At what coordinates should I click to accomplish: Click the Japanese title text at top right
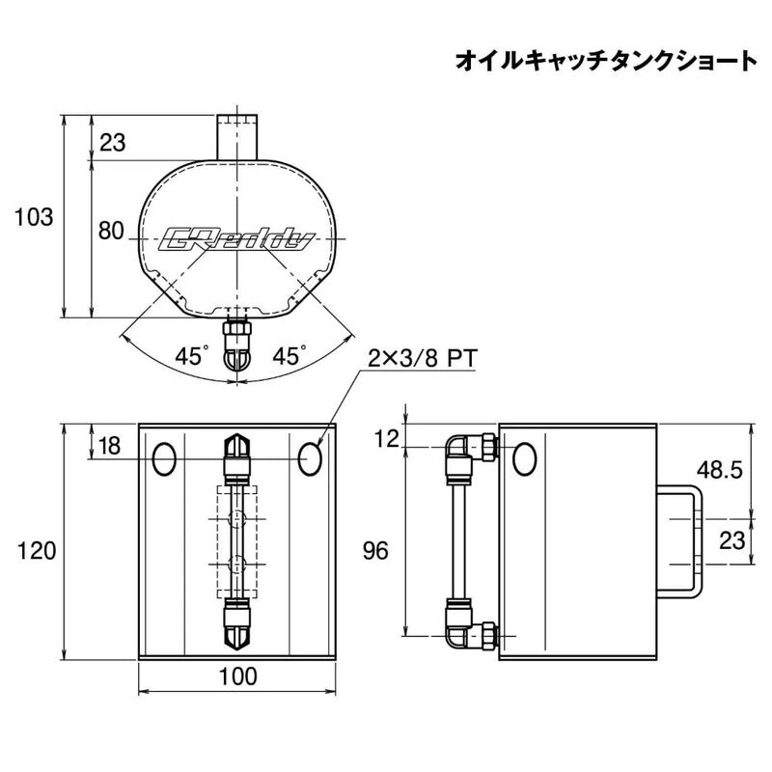pos(606,61)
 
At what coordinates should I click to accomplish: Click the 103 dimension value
pos(34,217)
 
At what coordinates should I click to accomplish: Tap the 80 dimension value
pos(111,231)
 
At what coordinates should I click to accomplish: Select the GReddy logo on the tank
pos(235,240)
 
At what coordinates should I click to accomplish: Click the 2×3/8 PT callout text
pos(423,359)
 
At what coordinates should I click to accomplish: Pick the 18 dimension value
pos(109,446)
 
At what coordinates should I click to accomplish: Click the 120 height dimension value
pos(37,550)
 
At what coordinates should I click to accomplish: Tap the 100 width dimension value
pos(237,676)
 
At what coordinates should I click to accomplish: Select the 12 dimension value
pos(386,438)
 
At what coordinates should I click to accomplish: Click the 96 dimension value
pos(375,550)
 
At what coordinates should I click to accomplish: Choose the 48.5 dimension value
pos(719,471)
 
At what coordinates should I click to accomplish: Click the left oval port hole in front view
pos(164,459)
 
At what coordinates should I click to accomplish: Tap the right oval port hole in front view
pos(310,459)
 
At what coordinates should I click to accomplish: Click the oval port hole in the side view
pos(524,459)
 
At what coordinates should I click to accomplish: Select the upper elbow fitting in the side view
pos(472,456)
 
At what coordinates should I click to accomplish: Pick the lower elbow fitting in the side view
pos(472,622)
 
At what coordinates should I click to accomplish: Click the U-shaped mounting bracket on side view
pos(679,541)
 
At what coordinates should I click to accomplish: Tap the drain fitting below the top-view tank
pos(237,345)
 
